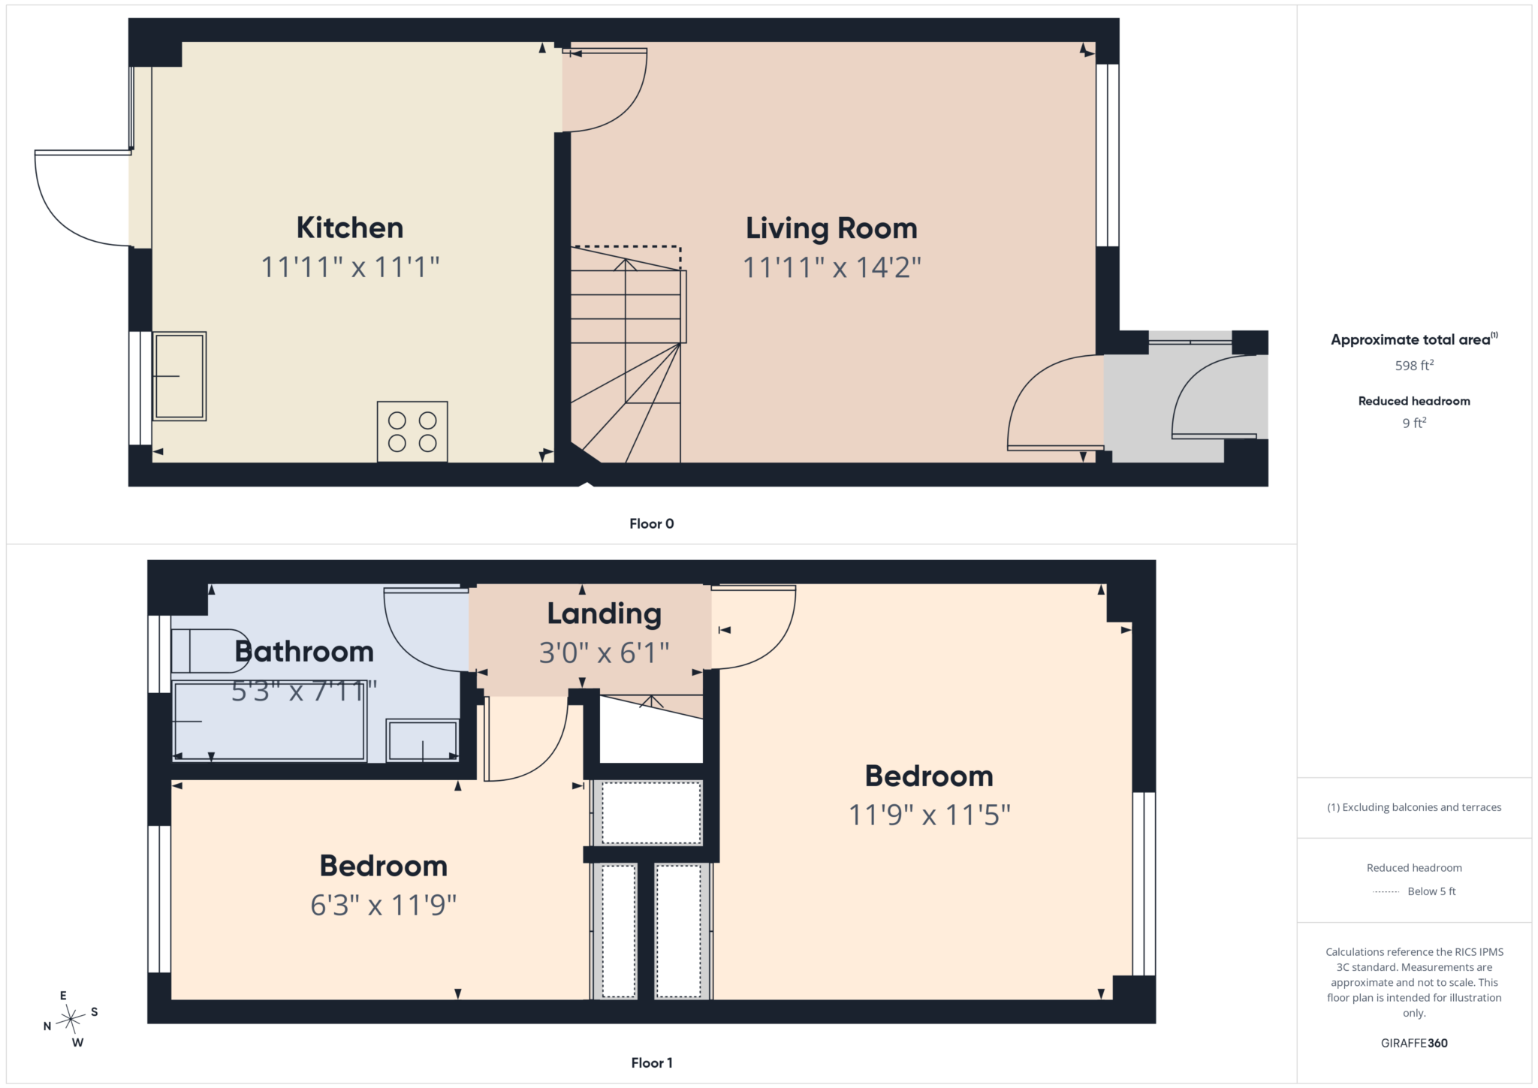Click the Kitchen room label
tap(350, 228)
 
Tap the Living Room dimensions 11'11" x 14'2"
tap(831, 267)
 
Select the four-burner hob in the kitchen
tap(412, 432)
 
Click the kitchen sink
tap(179, 376)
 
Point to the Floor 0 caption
tap(652, 524)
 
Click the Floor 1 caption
tap(652, 1062)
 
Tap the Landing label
tap(605, 614)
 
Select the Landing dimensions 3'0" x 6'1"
tap(605, 653)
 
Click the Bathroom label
tap(304, 651)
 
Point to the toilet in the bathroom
tap(210, 651)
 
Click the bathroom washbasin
tap(422, 740)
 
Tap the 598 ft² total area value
tap(1414, 366)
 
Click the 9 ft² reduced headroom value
tap(1414, 423)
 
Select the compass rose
tap(71, 1019)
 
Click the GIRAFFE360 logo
tap(1414, 1043)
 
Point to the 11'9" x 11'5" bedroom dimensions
tap(930, 815)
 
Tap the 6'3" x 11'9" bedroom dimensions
tap(384, 906)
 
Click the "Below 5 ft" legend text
tap(1431, 891)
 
